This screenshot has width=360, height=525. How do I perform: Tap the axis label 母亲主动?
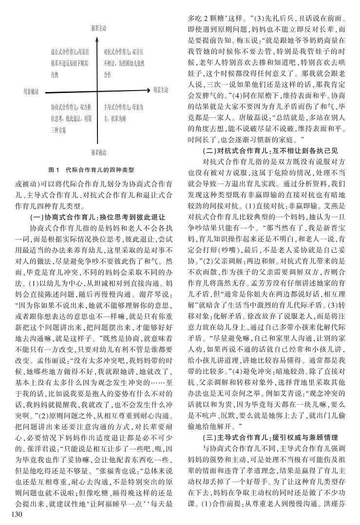coord(160,90)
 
